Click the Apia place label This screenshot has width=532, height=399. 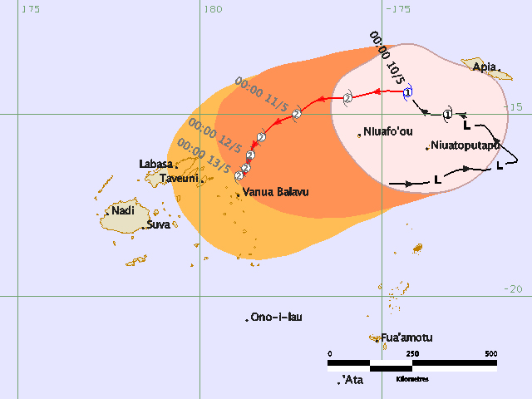(485, 66)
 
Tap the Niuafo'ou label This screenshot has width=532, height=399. (388, 132)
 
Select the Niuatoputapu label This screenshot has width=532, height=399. (465, 145)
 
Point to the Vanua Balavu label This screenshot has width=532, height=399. (275, 192)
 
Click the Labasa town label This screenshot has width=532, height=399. (156, 164)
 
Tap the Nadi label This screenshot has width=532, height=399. (122, 210)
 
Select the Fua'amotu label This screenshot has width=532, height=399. (406, 337)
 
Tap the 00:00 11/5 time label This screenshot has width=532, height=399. (262, 94)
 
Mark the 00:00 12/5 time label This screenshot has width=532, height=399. (215, 136)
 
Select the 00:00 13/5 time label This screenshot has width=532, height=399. (204, 158)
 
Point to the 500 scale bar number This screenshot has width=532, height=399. (491, 354)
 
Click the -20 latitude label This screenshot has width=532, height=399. (513, 288)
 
